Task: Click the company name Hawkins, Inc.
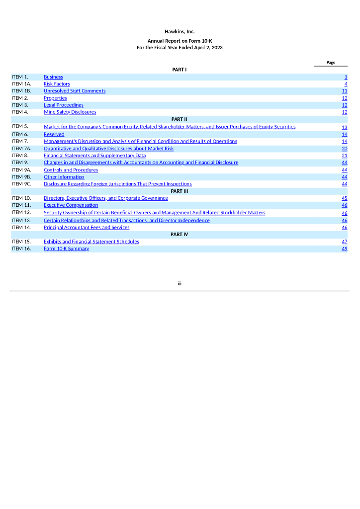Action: [x=180, y=31]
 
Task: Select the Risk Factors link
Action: [x=57, y=84]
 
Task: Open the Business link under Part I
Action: [x=53, y=77]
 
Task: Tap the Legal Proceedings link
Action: [x=63, y=105]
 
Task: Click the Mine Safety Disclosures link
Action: [x=70, y=112]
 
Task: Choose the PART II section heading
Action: [x=179, y=119]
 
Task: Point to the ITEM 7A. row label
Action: [x=21, y=149]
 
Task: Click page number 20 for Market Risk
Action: [x=345, y=149]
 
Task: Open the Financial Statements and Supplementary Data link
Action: [x=94, y=156]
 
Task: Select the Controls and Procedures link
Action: [x=71, y=170]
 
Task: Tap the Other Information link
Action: [x=64, y=177]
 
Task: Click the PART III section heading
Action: [x=179, y=191]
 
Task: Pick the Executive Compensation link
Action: [x=71, y=205]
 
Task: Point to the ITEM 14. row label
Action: [x=21, y=228]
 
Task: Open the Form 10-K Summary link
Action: [x=66, y=249]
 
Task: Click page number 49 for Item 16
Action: [x=345, y=249]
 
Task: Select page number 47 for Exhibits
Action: [x=345, y=242]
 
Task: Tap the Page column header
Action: [x=331, y=63]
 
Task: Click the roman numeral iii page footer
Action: [x=180, y=283]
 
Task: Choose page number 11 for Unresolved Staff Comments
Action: [x=345, y=91]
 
